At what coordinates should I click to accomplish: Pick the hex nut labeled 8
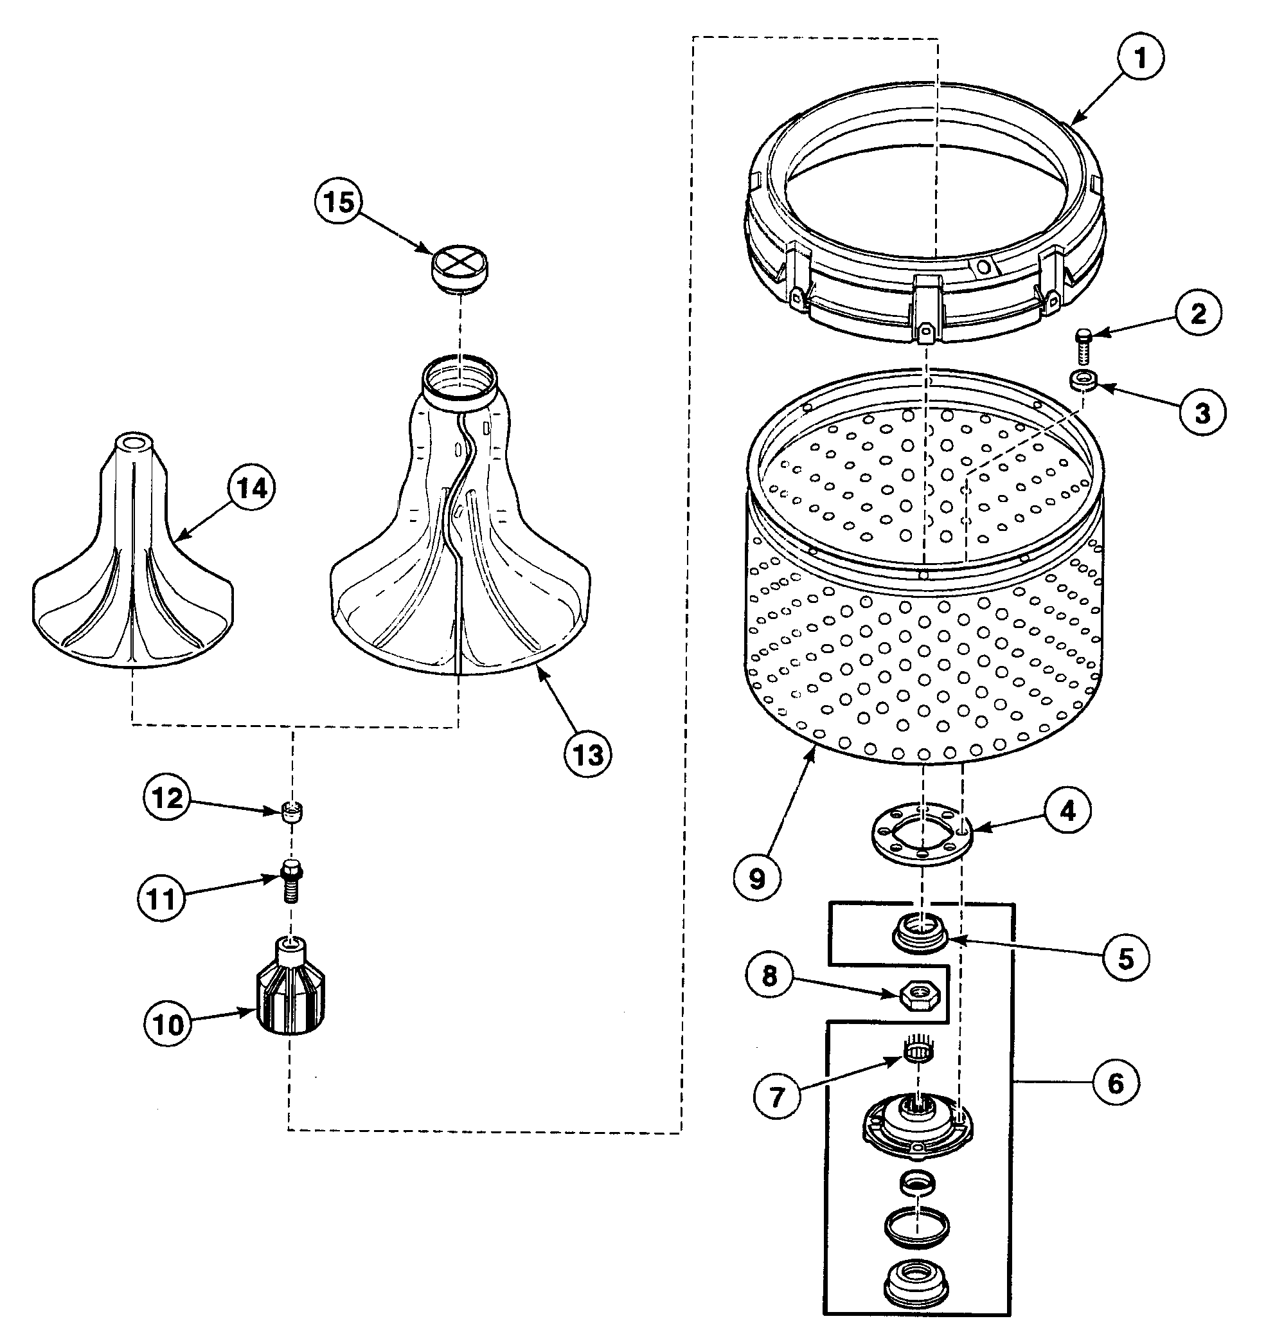pos(919,996)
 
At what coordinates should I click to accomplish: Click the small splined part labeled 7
pos(918,1051)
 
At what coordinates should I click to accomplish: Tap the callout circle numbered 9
pos(756,879)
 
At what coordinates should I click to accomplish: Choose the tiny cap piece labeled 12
pos(292,811)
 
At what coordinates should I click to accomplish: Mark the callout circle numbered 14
pos(251,488)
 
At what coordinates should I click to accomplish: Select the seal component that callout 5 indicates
pos(919,934)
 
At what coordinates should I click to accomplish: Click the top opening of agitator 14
pos(134,440)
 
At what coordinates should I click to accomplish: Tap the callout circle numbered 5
pos(1125,958)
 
